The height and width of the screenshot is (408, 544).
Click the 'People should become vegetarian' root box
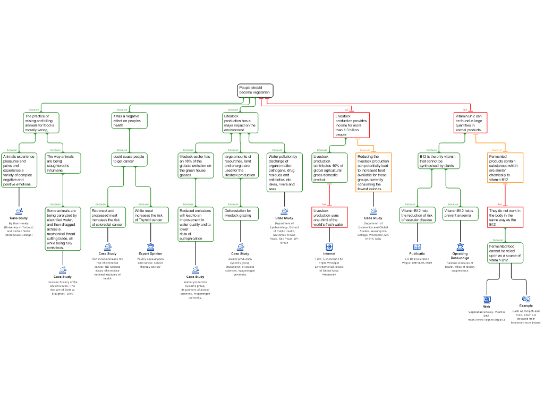coord(255,90)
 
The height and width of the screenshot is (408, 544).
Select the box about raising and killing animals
coord(41,123)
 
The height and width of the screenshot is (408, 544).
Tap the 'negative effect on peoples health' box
coord(130,121)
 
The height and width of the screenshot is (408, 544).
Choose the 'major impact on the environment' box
coord(240,123)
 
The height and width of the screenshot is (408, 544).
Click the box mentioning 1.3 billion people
coord(351,125)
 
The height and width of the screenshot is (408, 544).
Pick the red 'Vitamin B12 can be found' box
coord(471,123)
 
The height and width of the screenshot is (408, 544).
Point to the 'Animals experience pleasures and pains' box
coord(19,171)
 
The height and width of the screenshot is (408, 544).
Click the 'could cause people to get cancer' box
coord(130,159)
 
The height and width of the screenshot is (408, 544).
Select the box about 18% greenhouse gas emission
coord(195,166)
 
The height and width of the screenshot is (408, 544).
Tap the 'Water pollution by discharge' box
coord(284,173)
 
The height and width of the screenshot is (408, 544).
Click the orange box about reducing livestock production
coord(373,173)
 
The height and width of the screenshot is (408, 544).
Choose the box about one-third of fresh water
coord(329,217)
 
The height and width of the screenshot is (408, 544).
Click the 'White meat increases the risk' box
coord(151,215)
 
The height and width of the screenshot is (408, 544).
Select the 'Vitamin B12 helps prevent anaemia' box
coord(460,213)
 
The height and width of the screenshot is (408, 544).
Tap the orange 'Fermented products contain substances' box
coord(505,168)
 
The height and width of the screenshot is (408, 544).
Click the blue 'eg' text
coord(526,299)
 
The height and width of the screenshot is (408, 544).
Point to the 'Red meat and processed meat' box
coord(108,217)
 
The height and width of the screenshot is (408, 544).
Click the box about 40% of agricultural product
coord(329,168)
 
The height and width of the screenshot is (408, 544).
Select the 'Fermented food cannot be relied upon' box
coord(505,253)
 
